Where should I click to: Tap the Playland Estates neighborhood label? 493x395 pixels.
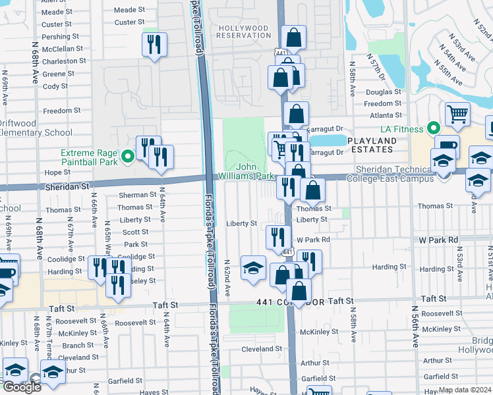coord(372,145)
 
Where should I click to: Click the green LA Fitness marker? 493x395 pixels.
coord(433,127)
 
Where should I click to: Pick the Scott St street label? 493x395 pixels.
coord(136,232)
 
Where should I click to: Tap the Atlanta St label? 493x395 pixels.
coord(382,114)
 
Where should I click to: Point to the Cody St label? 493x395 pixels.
coord(55,86)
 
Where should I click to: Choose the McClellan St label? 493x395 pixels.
coord(63,49)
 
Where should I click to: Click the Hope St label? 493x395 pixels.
coord(57,172)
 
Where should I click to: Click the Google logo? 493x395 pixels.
coord(22,386)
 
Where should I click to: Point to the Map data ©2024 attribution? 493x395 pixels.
coord(465,390)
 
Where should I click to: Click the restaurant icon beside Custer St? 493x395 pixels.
coord(154,45)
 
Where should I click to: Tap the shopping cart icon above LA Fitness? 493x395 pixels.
coord(457,114)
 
